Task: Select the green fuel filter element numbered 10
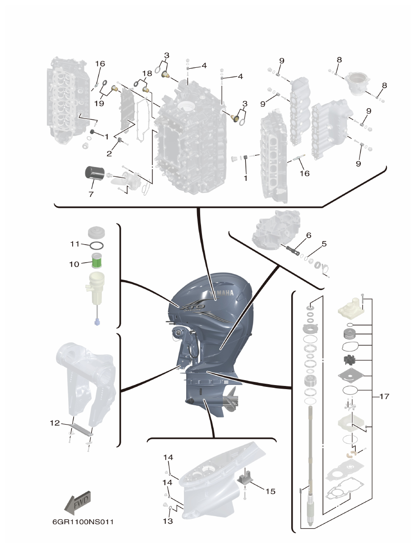pos(98,261)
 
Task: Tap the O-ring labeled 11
pos(96,246)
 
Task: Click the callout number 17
pos(384,396)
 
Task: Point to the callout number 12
pos(54,423)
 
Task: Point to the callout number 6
pos(308,235)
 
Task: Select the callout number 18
pos(147,73)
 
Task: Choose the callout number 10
pos(74,264)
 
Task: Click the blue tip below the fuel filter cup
pos(97,322)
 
